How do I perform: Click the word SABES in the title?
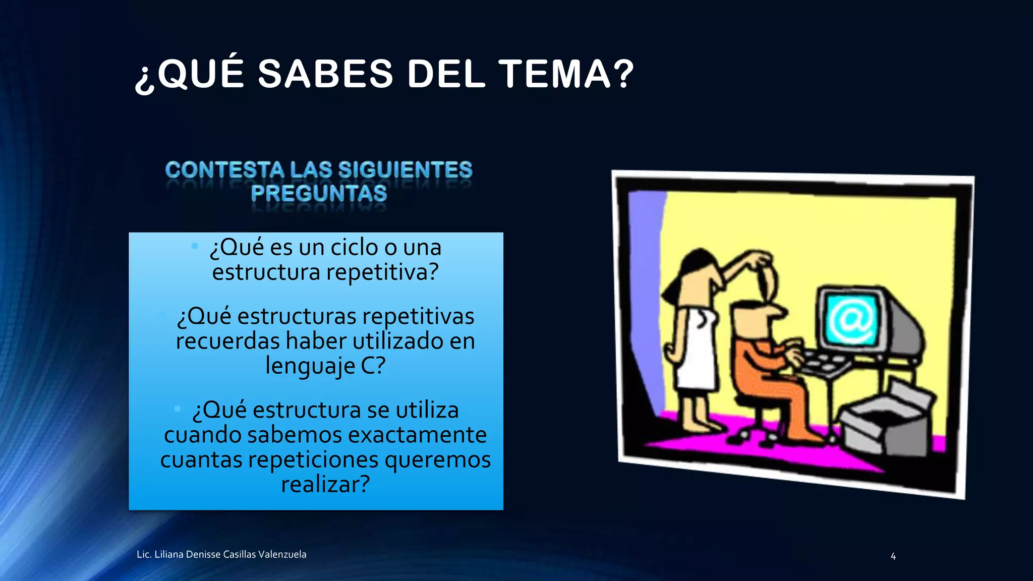(325, 74)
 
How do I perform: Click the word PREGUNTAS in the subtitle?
(319, 194)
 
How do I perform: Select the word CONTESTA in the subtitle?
(224, 170)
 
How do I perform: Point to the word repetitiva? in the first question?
(383, 272)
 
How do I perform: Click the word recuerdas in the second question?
(227, 341)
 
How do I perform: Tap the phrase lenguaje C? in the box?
(325, 366)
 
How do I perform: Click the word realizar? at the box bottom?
(325, 484)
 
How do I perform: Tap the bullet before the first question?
(195, 246)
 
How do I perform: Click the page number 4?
(893, 556)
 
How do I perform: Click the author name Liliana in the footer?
(169, 554)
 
